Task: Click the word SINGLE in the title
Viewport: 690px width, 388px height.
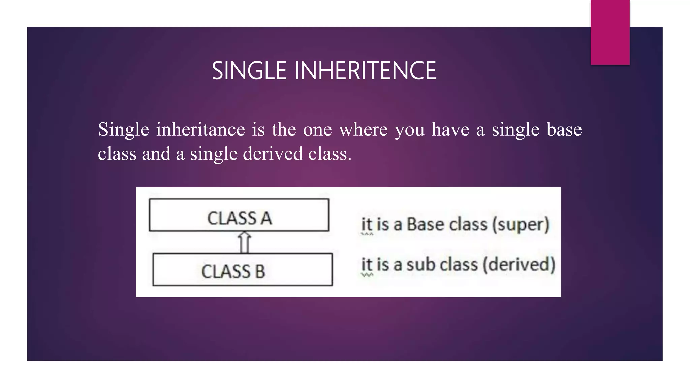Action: [249, 71]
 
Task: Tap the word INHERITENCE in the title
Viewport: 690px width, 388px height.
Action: [365, 71]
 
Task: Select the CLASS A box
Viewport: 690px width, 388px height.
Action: [239, 215]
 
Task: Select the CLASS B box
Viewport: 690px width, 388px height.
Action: [242, 269]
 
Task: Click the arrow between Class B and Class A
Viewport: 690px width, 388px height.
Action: [244, 242]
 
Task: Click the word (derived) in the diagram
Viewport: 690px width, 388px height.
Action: [519, 265]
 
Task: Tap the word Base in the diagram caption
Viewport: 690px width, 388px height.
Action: [426, 224]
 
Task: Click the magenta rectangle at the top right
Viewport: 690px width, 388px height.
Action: [610, 32]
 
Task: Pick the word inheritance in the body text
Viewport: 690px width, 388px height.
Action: [200, 130]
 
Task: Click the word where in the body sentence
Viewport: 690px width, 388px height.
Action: [363, 130]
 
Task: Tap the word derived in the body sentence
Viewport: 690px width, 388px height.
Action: [273, 154]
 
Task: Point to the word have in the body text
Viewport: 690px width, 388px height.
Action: [450, 130]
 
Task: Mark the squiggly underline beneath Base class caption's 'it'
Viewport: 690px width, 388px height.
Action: [367, 234]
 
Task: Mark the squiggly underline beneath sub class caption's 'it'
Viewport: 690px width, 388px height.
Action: [367, 275]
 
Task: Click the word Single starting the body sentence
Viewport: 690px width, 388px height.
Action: [123, 130]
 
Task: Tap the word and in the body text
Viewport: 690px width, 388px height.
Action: [156, 154]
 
